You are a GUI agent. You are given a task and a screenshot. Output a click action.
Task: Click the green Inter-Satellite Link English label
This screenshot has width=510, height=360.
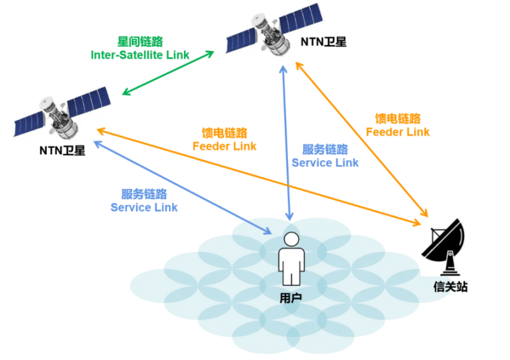tap(140, 55)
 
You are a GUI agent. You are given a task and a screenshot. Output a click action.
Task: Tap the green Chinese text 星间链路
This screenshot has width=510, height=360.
tap(140, 41)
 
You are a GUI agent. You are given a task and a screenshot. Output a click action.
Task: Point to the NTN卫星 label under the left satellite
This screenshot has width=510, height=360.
tap(62, 150)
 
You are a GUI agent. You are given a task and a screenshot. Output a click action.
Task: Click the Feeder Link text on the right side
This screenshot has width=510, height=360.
tap(398, 132)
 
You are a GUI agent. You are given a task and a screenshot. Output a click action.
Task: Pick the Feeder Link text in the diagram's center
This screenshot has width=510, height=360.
tap(225, 146)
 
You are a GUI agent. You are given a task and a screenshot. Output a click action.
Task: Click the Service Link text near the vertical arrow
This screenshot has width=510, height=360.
tap(325, 163)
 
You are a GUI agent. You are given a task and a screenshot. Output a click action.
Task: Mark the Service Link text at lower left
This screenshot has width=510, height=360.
tap(144, 208)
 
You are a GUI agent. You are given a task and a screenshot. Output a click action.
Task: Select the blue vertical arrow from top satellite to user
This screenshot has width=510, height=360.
tap(287, 140)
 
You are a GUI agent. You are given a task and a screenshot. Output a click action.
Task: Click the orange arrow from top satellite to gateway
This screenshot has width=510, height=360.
tap(362, 140)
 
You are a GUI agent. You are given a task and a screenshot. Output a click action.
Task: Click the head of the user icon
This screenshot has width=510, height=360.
tap(291, 239)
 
